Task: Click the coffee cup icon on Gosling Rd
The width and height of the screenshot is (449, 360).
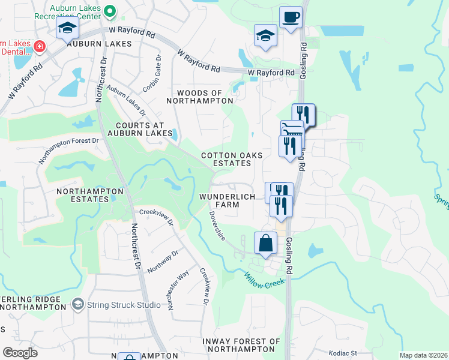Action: (291, 17)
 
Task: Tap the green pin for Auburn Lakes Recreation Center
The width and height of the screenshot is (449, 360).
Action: (110, 11)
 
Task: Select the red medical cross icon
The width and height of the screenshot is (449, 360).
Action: (40, 46)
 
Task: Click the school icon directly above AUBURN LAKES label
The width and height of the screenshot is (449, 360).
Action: (67, 28)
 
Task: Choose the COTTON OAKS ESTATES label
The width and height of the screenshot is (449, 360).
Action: (232, 159)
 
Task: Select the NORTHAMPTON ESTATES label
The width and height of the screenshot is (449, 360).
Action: (89, 196)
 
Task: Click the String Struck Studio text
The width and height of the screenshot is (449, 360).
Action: (123, 305)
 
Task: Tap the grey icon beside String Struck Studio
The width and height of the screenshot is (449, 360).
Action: (77, 305)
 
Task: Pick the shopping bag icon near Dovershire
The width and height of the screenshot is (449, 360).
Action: (265, 244)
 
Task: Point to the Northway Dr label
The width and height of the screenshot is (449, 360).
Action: (163, 261)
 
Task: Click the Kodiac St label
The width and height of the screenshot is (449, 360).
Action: (343, 353)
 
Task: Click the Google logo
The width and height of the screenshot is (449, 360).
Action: (20, 353)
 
